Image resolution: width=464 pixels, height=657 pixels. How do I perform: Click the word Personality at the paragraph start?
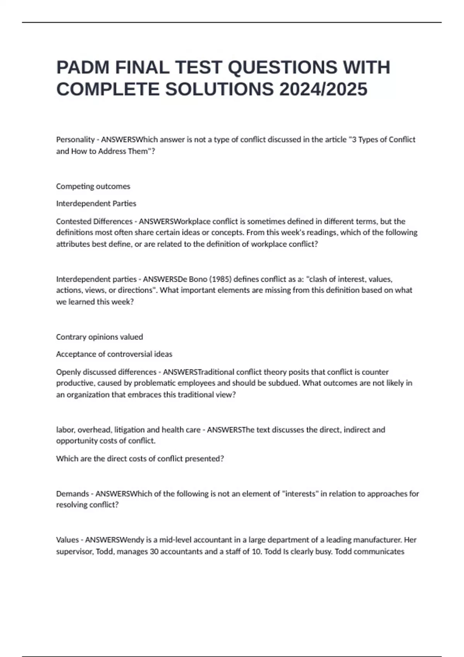pyautogui.click(x=75, y=140)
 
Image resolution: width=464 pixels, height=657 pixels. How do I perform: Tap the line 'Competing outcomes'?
pyautogui.click(x=93, y=186)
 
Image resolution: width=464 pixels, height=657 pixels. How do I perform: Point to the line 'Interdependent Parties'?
pyautogui.click(x=96, y=203)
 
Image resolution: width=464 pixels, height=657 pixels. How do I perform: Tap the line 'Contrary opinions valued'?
pyautogui.click(x=99, y=337)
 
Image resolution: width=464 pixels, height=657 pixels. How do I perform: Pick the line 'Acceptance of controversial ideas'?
pyautogui.click(x=114, y=354)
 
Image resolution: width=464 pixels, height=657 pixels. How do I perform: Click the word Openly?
pyautogui.click(x=68, y=372)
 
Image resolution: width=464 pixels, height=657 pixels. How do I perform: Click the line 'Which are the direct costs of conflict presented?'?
pyautogui.click(x=140, y=459)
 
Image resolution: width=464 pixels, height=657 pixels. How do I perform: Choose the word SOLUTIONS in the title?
pyautogui.click(x=219, y=90)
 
